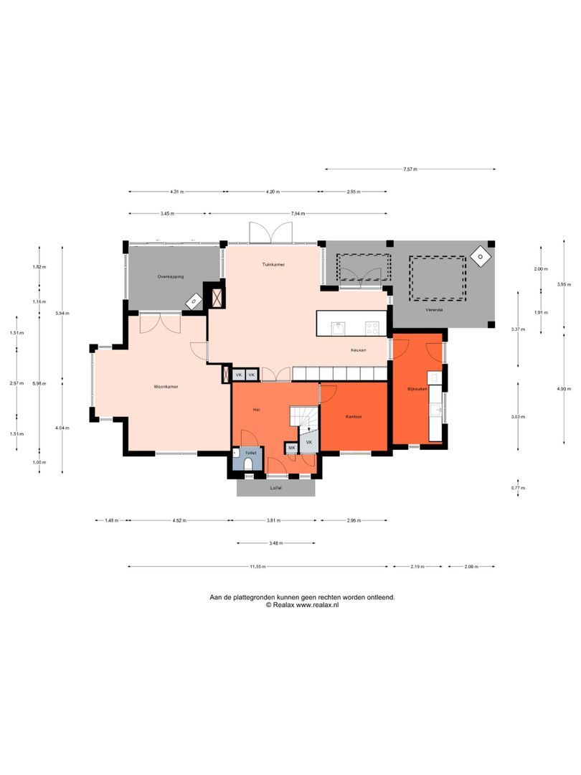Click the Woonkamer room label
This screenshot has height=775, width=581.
coord(166,387)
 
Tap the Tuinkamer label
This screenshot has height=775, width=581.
coord(273,265)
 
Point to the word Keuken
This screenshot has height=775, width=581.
coord(358,351)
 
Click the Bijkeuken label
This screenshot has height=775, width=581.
coord(417,388)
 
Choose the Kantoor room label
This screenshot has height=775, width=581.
coord(354,416)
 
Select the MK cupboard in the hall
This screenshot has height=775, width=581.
coord(291,448)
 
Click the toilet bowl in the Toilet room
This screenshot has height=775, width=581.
coord(248,464)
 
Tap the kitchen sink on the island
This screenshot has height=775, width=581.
coord(339,328)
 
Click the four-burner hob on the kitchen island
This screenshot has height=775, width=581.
coord(372,328)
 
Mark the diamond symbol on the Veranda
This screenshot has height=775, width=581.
coord(478,256)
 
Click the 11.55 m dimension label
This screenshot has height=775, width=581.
coord(258,567)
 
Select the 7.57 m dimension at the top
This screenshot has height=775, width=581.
coord(410,169)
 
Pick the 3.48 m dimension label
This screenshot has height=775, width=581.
coord(275,543)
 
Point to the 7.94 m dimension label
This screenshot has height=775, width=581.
coord(298,214)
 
